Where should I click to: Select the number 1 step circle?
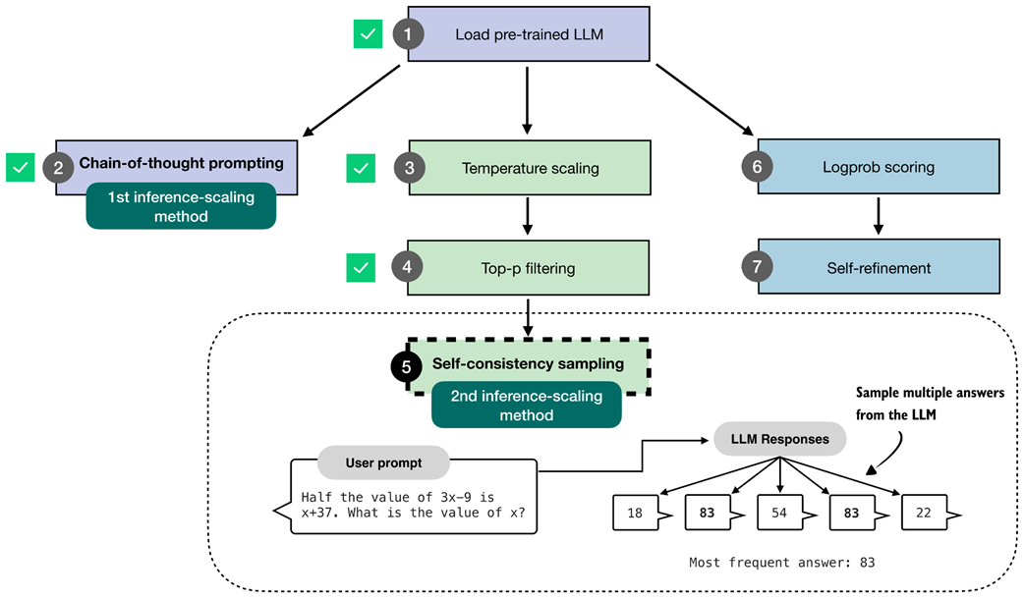[408, 34]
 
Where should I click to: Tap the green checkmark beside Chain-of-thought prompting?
[21, 167]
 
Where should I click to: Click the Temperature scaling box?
[530, 168]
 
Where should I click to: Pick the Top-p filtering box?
[530, 267]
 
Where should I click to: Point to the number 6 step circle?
[757, 167]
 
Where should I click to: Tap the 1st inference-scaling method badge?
[181, 206]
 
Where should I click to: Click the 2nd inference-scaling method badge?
[526, 406]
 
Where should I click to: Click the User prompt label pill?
[383, 462]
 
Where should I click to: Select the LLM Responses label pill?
[779, 439]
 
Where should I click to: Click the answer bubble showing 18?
[636, 512]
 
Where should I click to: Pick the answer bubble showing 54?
[780, 512]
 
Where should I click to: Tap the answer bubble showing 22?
[924, 512]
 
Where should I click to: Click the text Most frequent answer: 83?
[781, 563]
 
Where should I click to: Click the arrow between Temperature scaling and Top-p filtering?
[528, 215]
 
